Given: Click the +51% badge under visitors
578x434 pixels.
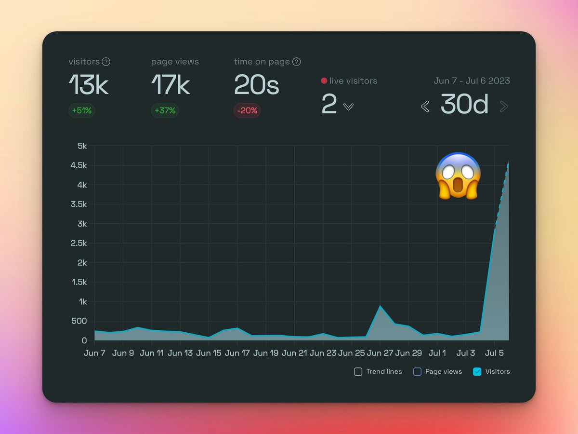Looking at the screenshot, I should click(x=81, y=110).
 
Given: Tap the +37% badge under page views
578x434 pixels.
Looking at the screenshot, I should click(x=164, y=110).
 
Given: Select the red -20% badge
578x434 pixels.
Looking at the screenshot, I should click(x=247, y=110).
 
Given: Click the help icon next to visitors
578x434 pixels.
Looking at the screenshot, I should click(x=106, y=62).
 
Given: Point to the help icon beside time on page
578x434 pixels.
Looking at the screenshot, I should click(x=297, y=62).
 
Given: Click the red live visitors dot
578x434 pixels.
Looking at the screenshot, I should click(x=324, y=81).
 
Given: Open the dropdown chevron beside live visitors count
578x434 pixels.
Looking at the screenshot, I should click(x=348, y=107).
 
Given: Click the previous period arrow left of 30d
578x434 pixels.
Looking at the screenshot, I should click(x=425, y=107).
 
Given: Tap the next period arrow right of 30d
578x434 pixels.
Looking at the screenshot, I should click(x=504, y=107).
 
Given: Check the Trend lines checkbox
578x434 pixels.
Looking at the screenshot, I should click(x=358, y=372).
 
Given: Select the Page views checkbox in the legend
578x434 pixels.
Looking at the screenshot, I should click(x=417, y=372).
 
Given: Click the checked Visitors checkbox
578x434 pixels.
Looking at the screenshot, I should click(x=477, y=372).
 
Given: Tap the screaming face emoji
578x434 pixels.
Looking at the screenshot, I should click(x=458, y=176).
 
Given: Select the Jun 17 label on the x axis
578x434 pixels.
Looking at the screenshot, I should click(x=237, y=353).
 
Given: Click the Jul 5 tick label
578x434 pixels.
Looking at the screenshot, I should click(x=495, y=353).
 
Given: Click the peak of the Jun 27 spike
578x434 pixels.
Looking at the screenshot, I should click(x=381, y=306).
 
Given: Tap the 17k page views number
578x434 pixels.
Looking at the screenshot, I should click(x=171, y=85).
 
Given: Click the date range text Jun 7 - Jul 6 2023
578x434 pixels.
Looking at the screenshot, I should click(x=472, y=81).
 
